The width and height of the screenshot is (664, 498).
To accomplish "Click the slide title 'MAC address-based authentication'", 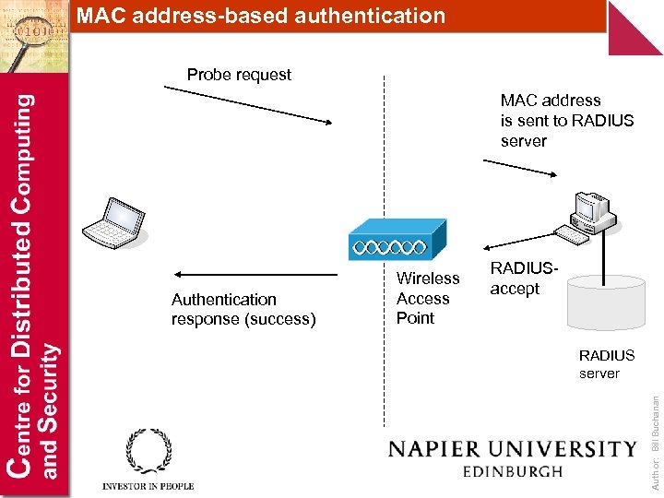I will (x=260, y=16).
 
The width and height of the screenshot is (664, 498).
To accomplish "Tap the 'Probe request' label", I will (x=239, y=75).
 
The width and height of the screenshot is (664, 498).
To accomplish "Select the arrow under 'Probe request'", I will (x=248, y=104).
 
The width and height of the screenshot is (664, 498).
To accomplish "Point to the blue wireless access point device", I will (x=397, y=242).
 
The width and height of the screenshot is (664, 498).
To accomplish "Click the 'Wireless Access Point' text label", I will (x=427, y=298).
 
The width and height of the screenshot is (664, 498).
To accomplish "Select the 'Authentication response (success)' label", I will (x=243, y=309).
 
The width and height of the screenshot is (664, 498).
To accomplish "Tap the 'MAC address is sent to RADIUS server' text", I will (x=566, y=121).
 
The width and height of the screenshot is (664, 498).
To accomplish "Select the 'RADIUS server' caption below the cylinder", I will (x=606, y=364).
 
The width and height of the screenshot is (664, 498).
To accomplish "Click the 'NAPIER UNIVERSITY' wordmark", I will (x=512, y=449).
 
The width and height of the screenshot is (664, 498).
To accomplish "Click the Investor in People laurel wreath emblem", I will (x=148, y=451).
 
